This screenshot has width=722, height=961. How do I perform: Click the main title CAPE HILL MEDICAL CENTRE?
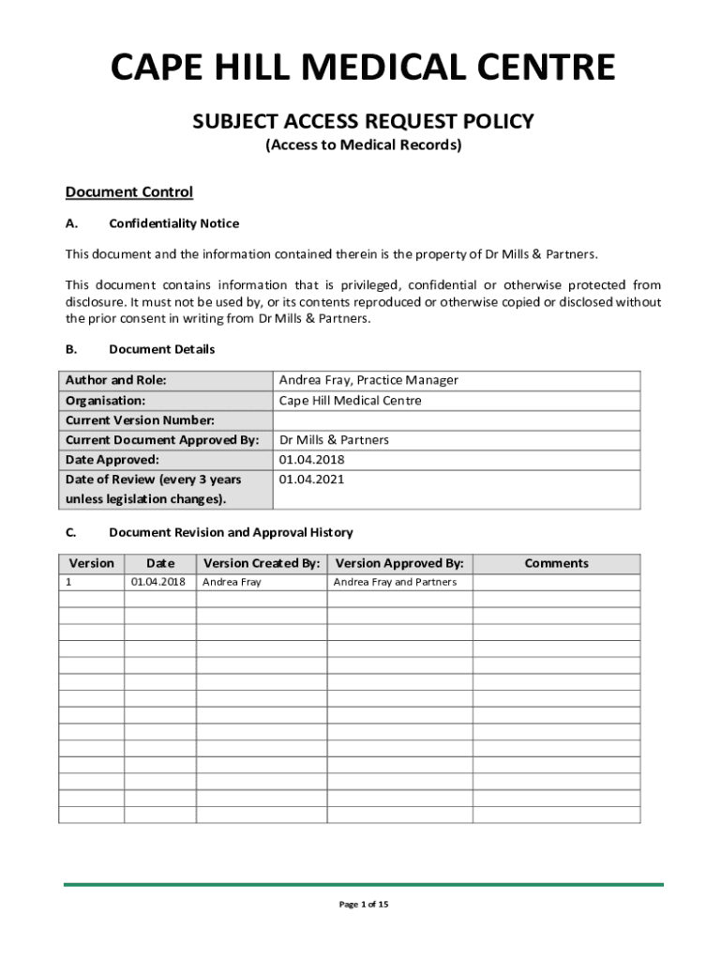click(x=363, y=69)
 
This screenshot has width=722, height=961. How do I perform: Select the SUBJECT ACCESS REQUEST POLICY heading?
click(x=363, y=121)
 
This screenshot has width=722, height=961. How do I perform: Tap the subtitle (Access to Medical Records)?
click(x=363, y=145)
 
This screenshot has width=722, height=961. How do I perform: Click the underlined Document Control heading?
click(x=128, y=192)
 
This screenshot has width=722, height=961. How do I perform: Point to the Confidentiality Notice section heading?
click(x=173, y=223)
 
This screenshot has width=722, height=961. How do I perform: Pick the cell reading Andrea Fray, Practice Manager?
click(x=369, y=380)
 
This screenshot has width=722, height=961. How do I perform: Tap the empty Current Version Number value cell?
click(x=456, y=420)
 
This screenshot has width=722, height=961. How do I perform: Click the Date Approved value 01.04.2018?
click(x=311, y=460)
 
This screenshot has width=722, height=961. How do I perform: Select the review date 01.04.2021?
click(x=311, y=480)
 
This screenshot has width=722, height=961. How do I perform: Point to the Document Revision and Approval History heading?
click(x=231, y=532)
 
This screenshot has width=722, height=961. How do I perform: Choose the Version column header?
click(x=92, y=563)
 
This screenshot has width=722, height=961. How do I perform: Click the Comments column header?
click(x=556, y=563)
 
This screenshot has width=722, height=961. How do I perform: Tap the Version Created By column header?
click(x=262, y=563)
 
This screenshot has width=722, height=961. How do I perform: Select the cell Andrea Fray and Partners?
click(x=395, y=582)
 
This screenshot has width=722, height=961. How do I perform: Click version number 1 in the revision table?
click(x=68, y=582)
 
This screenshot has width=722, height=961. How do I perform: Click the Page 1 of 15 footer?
click(x=363, y=905)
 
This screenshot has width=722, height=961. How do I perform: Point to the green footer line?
click(x=363, y=884)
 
